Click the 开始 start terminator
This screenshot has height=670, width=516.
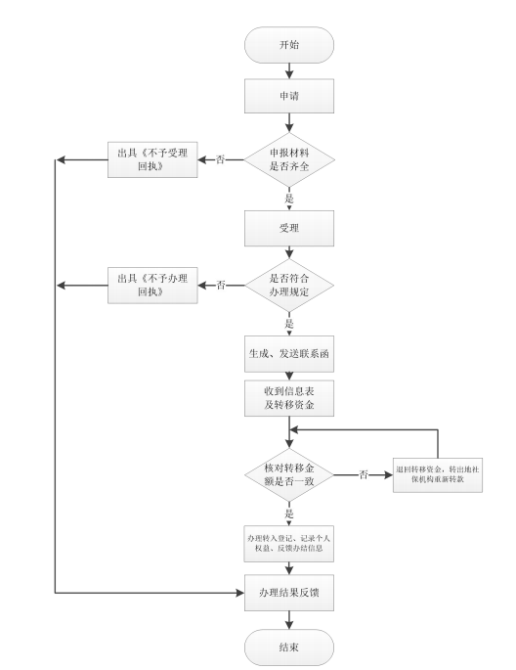click(289, 44)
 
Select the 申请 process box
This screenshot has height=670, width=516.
click(289, 97)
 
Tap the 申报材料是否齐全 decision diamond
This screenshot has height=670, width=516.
click(289, 159)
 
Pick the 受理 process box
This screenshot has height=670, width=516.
click(289, 228)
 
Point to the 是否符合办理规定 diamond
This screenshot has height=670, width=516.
click(289, 285)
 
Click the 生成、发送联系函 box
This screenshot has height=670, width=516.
click(289, 350)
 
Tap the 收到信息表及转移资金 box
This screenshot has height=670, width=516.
click(289, 395)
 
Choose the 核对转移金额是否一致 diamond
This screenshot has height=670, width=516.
click(289, 474)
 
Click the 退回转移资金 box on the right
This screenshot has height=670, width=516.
click(439, 474)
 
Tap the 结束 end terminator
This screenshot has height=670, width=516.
click(289, 647)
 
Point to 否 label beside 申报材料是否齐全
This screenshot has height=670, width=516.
click(221, 159)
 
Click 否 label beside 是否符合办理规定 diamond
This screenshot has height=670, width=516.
click(221, 285)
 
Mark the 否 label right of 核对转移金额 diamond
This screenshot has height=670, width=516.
click(364, 474)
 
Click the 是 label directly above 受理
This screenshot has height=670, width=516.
click(289, 197)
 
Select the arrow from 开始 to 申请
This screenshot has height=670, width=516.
click(289, 69)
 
